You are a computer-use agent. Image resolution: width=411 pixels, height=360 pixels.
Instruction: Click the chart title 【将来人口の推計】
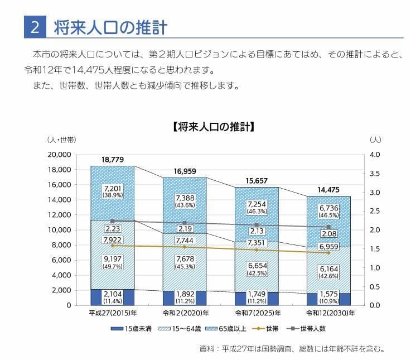pos(215,127)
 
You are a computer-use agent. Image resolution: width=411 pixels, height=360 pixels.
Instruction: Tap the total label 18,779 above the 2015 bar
pos(112,160)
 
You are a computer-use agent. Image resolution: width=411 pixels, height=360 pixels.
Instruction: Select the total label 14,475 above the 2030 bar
pos(328,190)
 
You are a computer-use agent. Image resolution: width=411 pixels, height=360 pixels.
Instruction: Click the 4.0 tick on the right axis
pos(375,155)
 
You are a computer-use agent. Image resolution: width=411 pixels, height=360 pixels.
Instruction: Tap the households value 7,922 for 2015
pos(112,240)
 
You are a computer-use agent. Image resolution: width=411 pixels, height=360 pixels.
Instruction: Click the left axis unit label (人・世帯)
pos(61,139)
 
